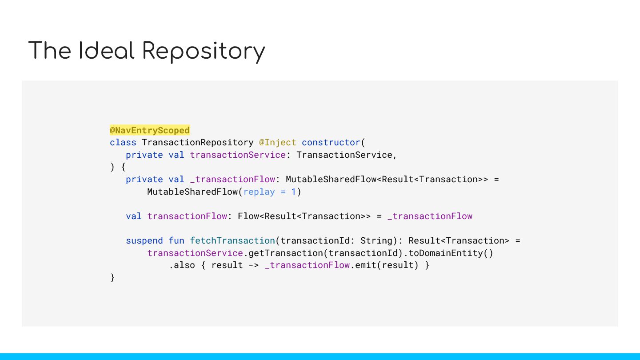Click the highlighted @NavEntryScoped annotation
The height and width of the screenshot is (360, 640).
pyautogui.click(x=150, y=130)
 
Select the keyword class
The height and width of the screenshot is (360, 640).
pyautogui.click(x=123, y=143)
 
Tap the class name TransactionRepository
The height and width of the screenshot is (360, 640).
pyautogui.click(x=198, y=143)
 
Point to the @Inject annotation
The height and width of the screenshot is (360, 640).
pyautogui.click(x=278, y=143)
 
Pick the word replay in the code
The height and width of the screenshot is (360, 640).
pyautogui.click(x=259, y=192)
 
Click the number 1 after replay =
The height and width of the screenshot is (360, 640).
pyautogui.click(x=293, y=192)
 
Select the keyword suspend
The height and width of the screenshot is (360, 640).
pyautogui.click(x=144, y=241)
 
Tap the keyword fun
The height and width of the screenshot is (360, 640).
pyautogui.click(x=176, y=241)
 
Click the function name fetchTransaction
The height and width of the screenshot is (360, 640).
pyautogui.click(x=232, y=241)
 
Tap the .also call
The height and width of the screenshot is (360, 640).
pyautogui.click(x=182, y=265)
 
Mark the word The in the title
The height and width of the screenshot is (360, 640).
pyautogui.click(x=49, y=51)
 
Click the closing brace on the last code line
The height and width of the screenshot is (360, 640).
pyautogui.click(x=112, y=278)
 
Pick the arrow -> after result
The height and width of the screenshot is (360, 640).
pyautogui.click(x=254, y=265)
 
